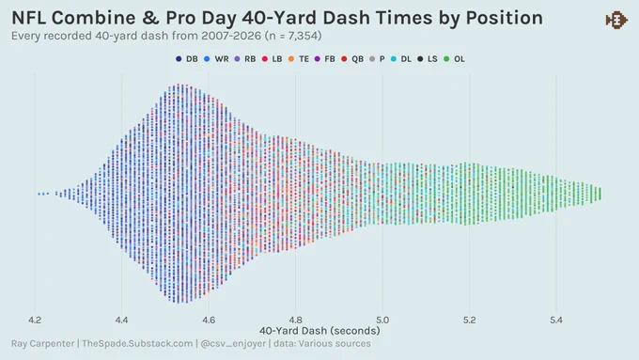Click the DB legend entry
click(187, 59)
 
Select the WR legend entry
click(216, 59)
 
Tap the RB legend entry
click(245, 59)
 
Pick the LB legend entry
click(272, 59)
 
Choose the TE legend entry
click(298, 59)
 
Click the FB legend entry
click(325, 59)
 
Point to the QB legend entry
click(352, 59)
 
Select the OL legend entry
click(454, 59)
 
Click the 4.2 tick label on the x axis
click(35, 320)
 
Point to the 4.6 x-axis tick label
click(209, 320)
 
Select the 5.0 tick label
click(382, 320)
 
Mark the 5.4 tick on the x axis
click(556, 320)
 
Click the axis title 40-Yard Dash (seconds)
click(319, 331)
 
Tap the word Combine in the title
click(93, 18)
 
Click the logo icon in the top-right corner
click(616, 20)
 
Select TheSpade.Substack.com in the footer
click(137, 343)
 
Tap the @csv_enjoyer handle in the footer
click(233, 344)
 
